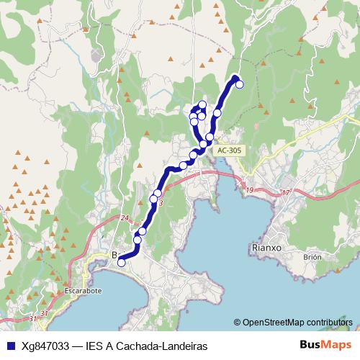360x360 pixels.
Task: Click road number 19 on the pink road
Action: click(250, 190)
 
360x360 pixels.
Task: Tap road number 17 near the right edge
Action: click(285, 192)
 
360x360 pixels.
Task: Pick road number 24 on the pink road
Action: click(124, 218)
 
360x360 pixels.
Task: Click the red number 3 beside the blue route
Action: click(161, 204)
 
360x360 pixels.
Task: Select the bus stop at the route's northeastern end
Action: click(240, 84)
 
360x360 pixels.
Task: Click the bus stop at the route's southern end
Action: click(121, 263)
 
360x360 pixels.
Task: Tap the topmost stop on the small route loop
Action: click(202, 105)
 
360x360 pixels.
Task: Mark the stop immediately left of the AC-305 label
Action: click(210, 137)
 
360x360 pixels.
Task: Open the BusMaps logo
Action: click(325, 346)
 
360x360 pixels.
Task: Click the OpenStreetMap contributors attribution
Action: click(298, 323)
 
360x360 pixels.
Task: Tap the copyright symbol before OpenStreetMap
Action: click(238, 323)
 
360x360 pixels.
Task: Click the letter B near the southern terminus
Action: click(114, 254)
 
